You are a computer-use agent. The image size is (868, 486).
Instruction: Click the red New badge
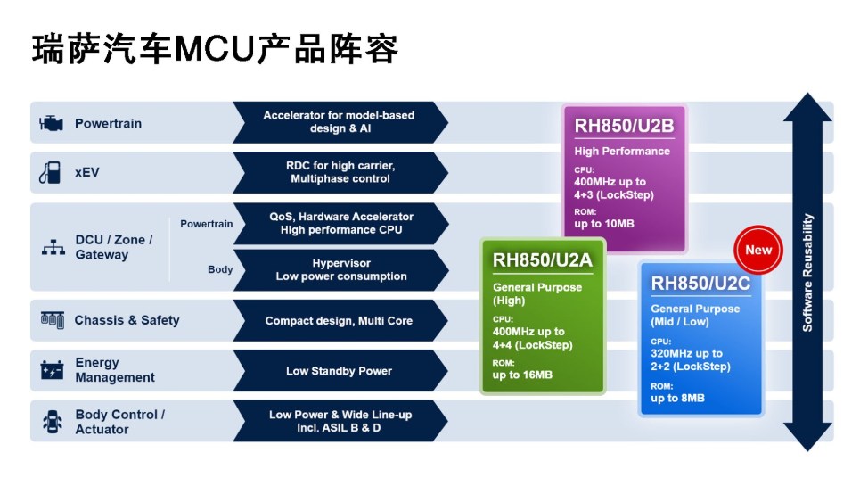(758, 250)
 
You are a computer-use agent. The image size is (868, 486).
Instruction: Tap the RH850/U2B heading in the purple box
(624, 125)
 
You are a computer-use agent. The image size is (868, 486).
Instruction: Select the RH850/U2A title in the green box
(543, 259)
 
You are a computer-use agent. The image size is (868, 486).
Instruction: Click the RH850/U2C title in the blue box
(700, 284)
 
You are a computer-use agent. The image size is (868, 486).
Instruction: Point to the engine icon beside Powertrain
(52, 123)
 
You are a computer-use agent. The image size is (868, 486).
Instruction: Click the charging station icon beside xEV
(50, 172)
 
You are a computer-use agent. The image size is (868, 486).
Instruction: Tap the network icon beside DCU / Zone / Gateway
(53, 248)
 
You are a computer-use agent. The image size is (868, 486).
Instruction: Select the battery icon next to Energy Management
(52, 370)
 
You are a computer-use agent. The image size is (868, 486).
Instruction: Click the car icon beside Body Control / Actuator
(53, 422)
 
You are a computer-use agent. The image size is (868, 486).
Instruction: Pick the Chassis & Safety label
(127, 320)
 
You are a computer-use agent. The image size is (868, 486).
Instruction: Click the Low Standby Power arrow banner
(339, 371)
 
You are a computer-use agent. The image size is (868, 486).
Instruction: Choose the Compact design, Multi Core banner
(339, 320)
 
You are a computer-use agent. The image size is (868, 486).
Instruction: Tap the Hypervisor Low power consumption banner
(340, 269)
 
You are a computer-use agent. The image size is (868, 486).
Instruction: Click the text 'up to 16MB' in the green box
(522, 375)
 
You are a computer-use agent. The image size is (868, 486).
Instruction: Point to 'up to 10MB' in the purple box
(604, 224)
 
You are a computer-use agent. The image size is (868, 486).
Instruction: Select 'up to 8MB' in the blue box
(677, 398)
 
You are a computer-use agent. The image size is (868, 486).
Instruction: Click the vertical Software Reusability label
(807, 272)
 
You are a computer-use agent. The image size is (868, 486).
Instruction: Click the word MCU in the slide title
(215, 49)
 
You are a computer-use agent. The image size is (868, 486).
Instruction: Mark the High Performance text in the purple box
(622, 152)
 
